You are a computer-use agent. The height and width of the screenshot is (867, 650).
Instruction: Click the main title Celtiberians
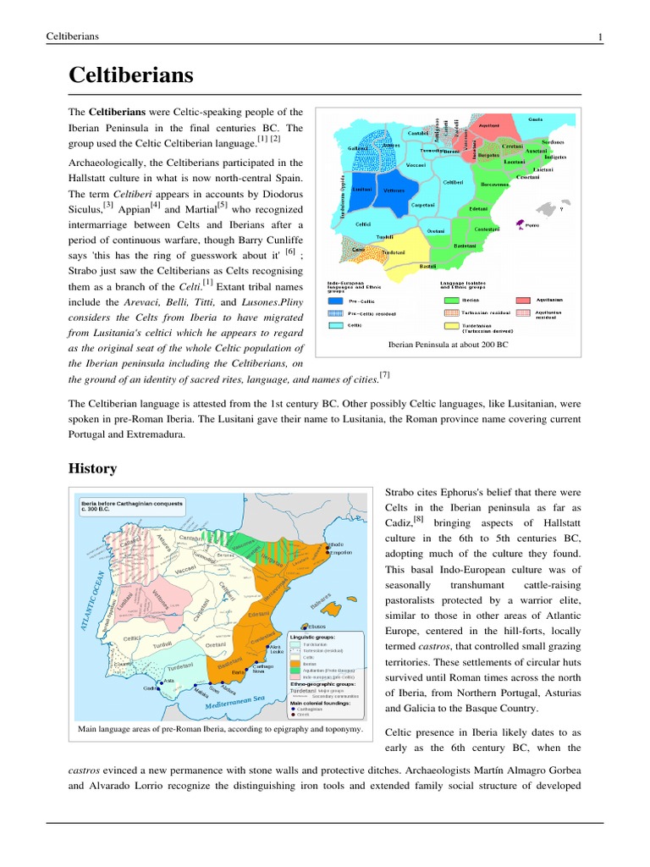[x=130, y=76]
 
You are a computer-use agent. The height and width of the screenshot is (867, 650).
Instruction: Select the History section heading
[x=92, y=468]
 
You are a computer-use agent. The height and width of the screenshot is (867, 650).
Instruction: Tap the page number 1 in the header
[x=600, y=36]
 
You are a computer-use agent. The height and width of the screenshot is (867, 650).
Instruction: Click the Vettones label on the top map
[x=394, y=191]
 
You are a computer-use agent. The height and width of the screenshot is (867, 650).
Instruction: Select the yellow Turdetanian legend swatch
[x=449, y=325]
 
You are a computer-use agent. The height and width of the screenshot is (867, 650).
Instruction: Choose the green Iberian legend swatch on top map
[x=449, y=299]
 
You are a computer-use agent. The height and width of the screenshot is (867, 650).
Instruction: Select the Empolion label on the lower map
[x=340, y=553]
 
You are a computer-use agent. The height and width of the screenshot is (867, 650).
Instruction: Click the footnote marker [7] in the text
[x=384, y=374]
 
